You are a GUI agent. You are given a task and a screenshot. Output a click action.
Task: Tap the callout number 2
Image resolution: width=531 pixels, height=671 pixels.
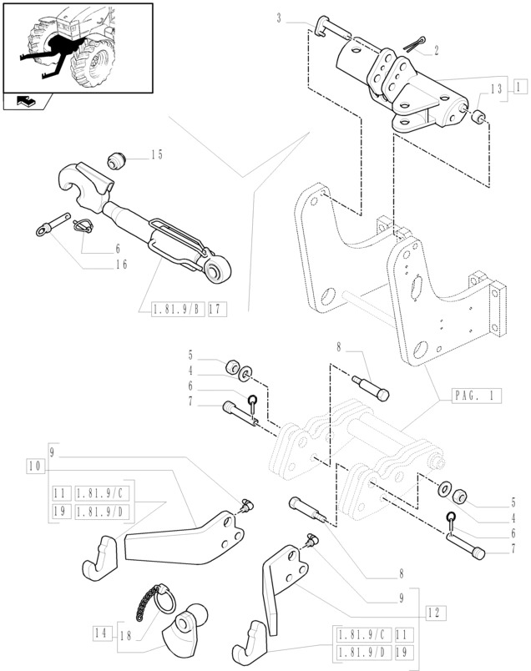[x=436, y=50]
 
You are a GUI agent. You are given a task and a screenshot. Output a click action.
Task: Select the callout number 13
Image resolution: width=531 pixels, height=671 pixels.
[x=497, y=88]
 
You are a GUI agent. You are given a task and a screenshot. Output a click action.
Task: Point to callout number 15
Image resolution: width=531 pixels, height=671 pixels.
[x=157, y=154]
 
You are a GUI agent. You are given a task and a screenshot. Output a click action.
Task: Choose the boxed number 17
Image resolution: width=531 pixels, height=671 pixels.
[x=217, y=310]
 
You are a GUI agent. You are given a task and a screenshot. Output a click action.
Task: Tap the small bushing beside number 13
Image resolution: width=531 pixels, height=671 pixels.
[x=481, y=117]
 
